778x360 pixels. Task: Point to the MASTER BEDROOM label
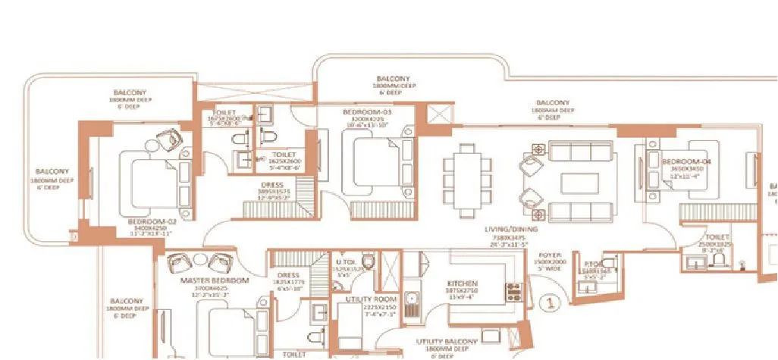(x=215, y=280)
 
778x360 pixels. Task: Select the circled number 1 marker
(x=548, y=303)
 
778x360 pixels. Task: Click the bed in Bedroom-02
(x=150, y=180)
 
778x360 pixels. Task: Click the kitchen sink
(x=411, y=303)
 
